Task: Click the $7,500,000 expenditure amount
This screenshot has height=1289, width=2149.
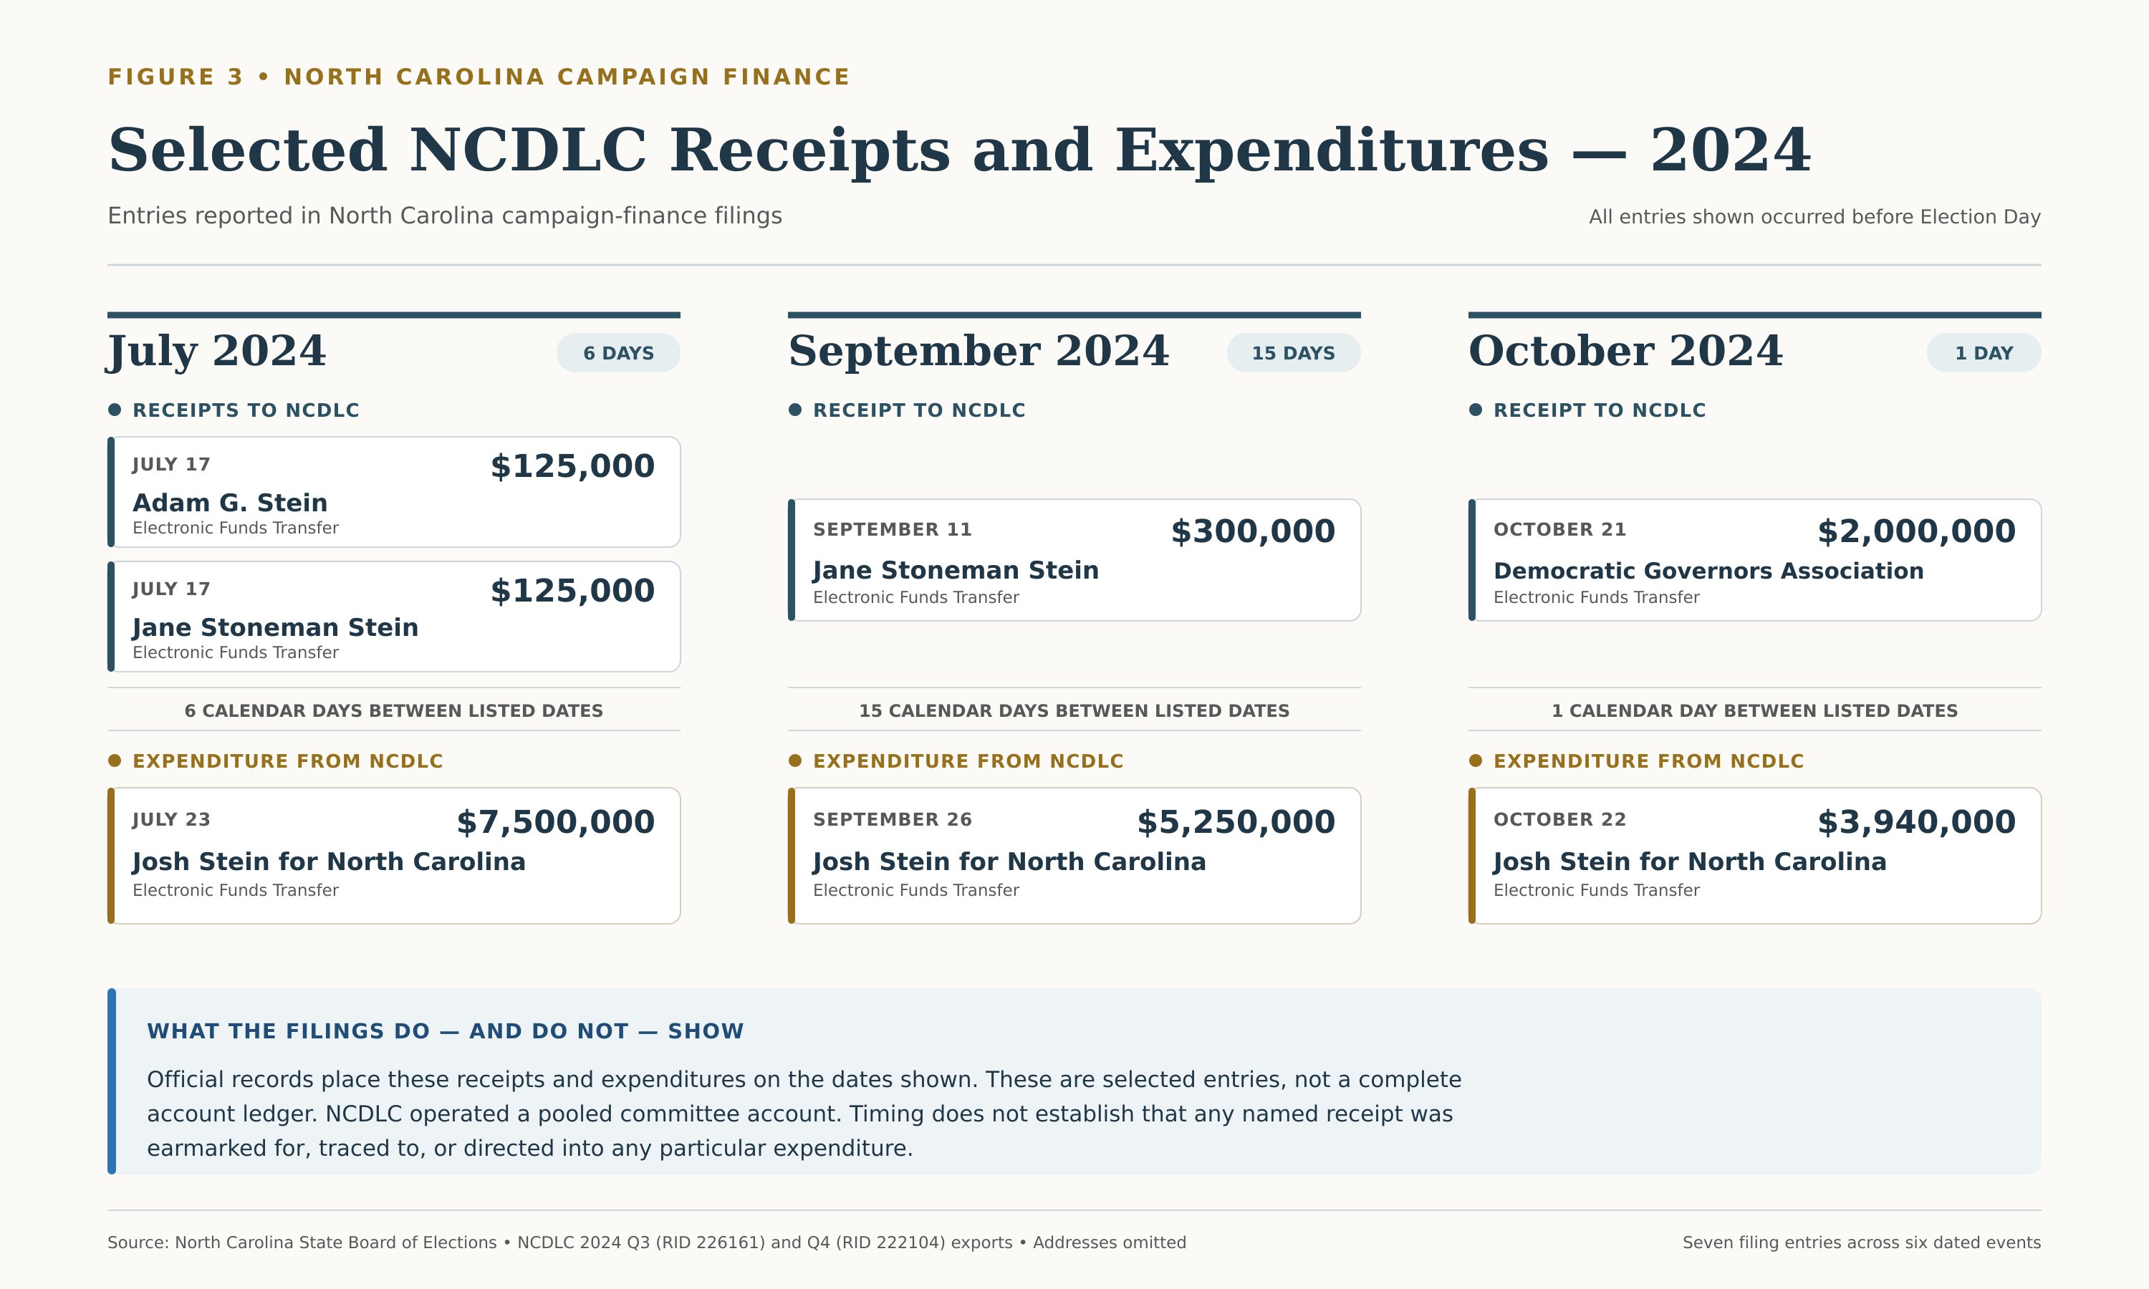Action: pos(555,821)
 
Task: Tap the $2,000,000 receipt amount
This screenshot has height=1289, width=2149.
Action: pos(1916,531)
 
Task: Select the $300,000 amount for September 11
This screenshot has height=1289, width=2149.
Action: pos(1253,531)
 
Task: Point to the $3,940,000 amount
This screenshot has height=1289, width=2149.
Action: pos(1916,821)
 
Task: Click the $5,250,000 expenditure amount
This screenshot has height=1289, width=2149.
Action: pos(1236,821)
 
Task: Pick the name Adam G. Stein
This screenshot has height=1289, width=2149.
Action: pos(230,503)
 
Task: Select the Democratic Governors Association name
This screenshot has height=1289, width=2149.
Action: pos(1708,571)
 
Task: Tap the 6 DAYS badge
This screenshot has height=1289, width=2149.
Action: pos(618,352)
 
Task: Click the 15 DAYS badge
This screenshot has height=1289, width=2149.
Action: pos(1294,352)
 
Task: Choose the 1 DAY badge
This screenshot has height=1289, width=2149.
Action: pos(1984,352)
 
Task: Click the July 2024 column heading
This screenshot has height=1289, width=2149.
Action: pos(216,352)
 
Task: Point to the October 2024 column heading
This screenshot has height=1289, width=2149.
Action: pos(1625,351)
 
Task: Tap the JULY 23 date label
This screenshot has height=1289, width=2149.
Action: pos(171,819)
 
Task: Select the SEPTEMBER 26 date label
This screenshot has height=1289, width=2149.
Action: pos(892,819)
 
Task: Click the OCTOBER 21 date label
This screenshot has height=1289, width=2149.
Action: pos(1559,529)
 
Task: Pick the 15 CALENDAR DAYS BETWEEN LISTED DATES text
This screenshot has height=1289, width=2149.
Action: pos(1074,710)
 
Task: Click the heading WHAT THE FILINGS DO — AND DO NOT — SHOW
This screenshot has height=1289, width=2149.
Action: pos(445,1031)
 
